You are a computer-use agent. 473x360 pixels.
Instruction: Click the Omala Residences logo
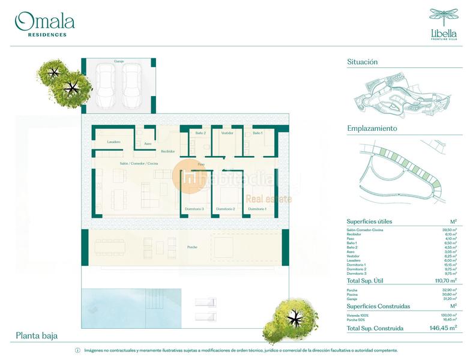(45, 24)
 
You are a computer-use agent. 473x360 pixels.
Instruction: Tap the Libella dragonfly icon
(444, 17)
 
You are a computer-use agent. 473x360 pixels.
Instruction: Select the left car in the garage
(106, 85)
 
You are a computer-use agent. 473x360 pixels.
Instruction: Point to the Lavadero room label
(114, 142)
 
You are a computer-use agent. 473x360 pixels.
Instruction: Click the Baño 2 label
(200, 133)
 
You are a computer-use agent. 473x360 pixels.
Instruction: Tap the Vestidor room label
(227, 133)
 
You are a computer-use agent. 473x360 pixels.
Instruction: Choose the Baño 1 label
(257, 133)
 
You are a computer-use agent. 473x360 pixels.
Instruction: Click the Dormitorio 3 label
(195, 209)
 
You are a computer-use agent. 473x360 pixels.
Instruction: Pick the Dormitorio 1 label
(257, 209)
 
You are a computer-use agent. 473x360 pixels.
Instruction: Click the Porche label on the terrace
(191, 247)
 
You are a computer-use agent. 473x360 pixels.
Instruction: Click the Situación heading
(362, 62)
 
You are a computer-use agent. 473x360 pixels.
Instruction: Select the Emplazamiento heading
(372, 128)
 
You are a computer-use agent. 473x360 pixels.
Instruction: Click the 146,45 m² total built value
(444, 328)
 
